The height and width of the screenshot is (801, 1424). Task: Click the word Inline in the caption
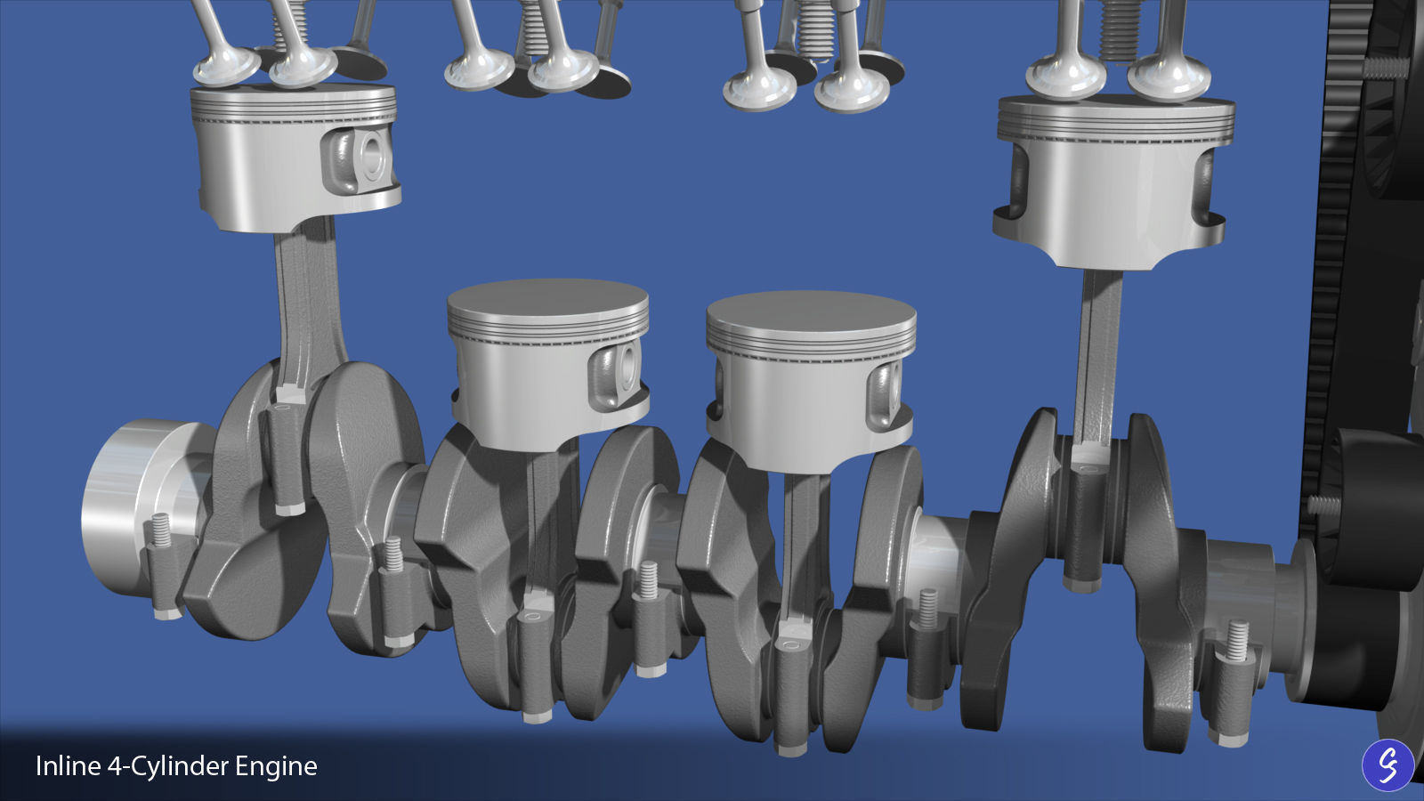click(x=68, y=766)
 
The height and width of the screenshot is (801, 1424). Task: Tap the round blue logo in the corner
click(x=1388, y=765)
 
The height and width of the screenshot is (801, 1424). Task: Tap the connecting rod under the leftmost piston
click(x=301, y=303)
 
